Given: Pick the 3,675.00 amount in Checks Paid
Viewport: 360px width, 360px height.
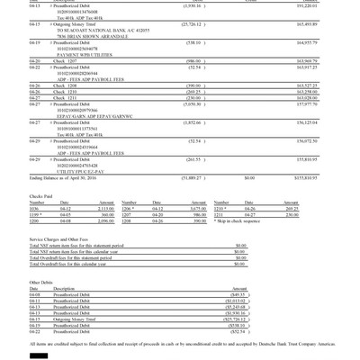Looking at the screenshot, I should (172, 209).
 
